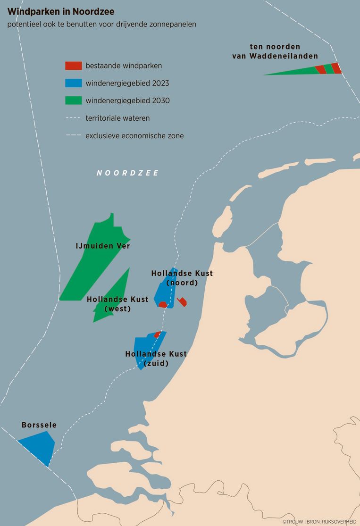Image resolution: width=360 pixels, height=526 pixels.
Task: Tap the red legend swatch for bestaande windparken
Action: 74,66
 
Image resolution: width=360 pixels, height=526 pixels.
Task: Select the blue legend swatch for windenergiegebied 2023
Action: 74,83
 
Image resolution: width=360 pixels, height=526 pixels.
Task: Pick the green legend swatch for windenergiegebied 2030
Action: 74,100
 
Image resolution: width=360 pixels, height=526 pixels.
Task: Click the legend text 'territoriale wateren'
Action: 117,118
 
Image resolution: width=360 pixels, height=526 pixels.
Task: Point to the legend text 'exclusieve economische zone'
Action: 134,136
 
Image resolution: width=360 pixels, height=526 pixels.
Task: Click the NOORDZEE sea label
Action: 127,173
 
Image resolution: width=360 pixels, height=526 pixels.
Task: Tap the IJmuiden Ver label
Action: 103,246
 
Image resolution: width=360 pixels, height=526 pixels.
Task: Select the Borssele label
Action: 39,425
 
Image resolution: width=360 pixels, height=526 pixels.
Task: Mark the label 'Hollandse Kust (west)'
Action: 117,304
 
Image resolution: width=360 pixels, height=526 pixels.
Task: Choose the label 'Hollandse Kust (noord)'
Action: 182,278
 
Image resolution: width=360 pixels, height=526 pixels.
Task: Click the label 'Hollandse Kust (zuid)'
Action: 156,359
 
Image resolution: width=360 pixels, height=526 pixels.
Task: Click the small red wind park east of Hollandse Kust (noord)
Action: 182,302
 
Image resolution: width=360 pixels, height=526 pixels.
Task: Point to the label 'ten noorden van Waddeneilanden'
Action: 275,51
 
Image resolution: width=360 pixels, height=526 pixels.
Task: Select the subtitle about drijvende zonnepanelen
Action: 101,24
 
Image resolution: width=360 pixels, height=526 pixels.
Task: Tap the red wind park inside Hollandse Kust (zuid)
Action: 158,334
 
